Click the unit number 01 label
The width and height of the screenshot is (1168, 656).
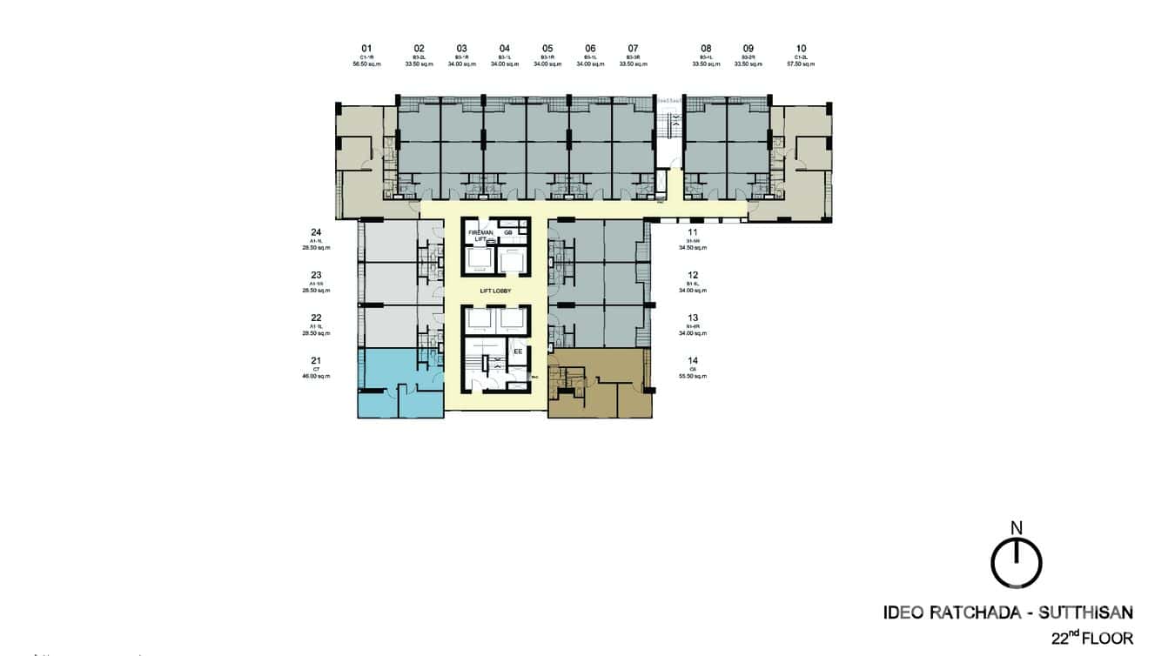click(x=366, y=49)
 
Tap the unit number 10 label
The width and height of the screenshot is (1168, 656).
click(x=801, y=49)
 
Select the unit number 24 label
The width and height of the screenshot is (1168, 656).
click(x=316, y=232)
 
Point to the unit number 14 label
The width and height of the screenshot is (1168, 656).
click(x=693, y=360)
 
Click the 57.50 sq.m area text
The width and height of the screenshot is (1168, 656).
click(x=801, y=64)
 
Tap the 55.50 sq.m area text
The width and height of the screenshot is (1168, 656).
click(x=693, y=376)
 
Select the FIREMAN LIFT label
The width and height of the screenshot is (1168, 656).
click(x=480, y=236)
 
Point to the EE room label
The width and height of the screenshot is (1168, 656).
click(x=517, y=351)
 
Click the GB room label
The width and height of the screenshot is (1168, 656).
click(x=509, y=232)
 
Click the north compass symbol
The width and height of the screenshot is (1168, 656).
click(x=1016, y=563)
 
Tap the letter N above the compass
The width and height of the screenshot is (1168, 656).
click(x=1016, y=527)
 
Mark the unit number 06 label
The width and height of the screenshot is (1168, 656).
click(x=590, y=49)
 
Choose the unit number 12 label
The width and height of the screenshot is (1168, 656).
click(x=693, y=275)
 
